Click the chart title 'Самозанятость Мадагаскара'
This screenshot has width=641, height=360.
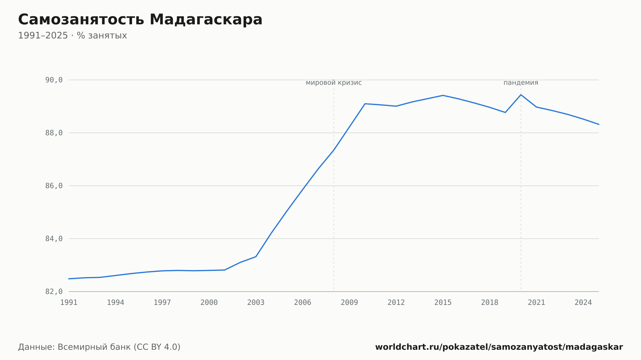point(140,20)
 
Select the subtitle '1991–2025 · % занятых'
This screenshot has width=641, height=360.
point(72,36)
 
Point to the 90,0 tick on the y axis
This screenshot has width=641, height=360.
point(54,80)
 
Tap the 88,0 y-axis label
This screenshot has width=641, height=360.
point(54,133)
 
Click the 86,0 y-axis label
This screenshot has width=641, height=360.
point(54,186)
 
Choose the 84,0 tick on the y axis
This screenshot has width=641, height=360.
point(54,239)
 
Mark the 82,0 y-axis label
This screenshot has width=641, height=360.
point(54,291)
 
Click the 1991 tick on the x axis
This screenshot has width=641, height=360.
point(69,303)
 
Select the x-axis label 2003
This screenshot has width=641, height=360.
point(256,303)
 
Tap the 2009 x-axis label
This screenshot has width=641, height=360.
point(349,303)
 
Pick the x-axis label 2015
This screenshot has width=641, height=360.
point(443,303)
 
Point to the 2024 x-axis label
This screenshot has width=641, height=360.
point(583,303)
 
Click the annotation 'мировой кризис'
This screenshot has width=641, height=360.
point(334,83)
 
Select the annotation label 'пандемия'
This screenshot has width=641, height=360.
point(521,83)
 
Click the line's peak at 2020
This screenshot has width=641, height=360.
point(521,94)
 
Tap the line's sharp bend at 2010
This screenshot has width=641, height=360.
point(365,104)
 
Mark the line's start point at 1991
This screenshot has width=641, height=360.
point(69,279)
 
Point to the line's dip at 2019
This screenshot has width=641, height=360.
point(505,112)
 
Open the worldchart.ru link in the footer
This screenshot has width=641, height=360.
point(499,347)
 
